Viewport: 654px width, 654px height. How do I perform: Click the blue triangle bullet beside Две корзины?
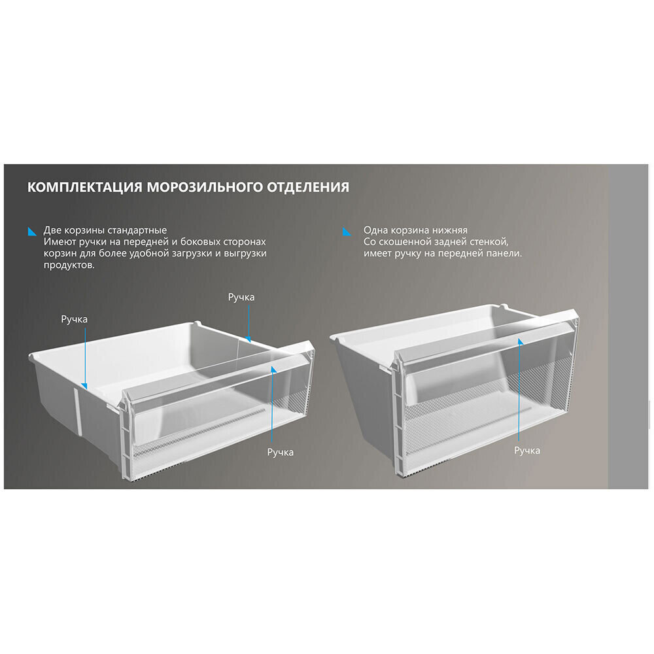(x=32, y=232)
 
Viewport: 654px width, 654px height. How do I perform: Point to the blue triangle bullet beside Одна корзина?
(x=347, y=232)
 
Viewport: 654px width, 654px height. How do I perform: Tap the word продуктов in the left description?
(x=69, y=266)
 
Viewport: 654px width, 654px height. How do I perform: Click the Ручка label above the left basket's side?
(x=75, y=320)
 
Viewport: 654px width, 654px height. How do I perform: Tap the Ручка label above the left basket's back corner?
(x=241, y=298)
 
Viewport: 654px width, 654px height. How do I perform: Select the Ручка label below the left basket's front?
(x=281, y=452)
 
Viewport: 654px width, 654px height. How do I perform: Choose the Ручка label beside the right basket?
(x=527, y=451)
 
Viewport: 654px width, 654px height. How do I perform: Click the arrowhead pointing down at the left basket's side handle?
(x=84, y=387)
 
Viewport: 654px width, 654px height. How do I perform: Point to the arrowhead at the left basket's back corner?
(x=248, y=339)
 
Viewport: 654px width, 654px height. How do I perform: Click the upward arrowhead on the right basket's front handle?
(x=520, y=341)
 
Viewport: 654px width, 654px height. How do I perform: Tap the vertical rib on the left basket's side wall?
(x=78, y=411)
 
